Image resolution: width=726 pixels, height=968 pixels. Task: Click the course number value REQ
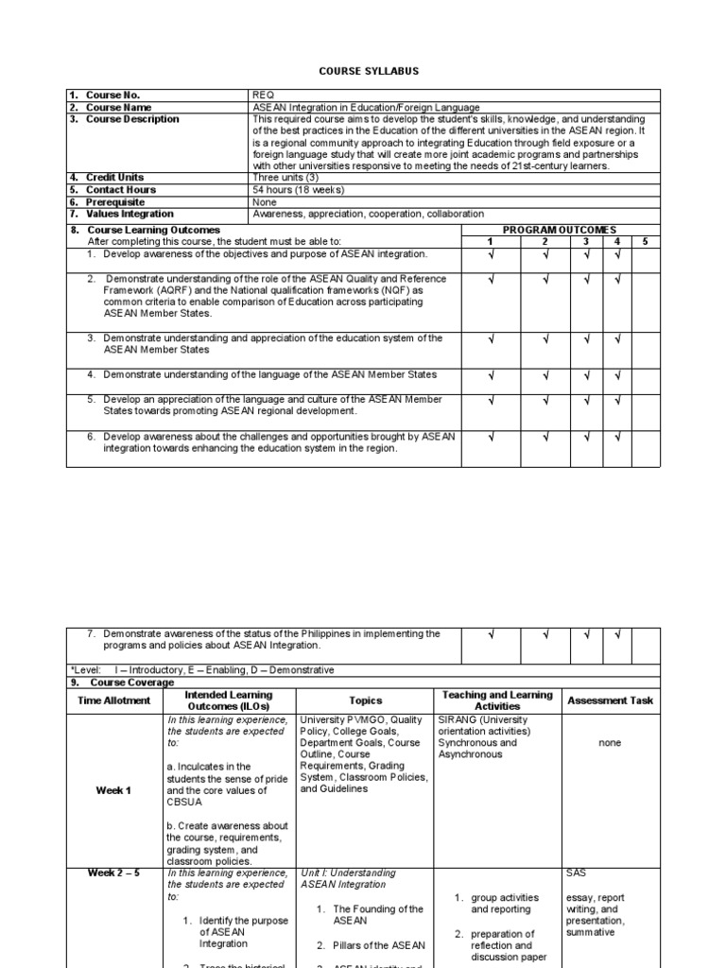click(262, 95)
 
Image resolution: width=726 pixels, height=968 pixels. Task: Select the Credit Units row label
click(114, 178)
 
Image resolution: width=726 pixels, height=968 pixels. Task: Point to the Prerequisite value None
click(265, 202)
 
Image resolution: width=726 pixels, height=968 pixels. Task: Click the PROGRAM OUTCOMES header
click(560, 230)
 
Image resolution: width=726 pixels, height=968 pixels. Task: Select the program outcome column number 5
click(645, 242)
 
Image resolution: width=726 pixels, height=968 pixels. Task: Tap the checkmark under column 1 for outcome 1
click(490, 254)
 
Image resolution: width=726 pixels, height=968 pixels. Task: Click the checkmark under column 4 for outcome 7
click(616, 634)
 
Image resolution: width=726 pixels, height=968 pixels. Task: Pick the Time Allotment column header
click(113, 700)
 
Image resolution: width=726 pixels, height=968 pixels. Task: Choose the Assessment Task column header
click(610, 700)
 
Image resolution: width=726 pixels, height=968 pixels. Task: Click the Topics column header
click(365, 700)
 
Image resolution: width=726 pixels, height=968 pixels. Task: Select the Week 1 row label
click(113, 790)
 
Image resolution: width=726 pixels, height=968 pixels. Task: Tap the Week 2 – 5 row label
click(113, 873)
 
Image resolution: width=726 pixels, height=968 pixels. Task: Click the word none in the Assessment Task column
click(610, 743)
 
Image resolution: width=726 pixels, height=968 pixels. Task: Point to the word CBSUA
click(184, 802)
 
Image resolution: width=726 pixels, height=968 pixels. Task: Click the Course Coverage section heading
click(131, 683)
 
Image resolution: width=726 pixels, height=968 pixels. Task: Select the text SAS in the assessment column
click(576, 873)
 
